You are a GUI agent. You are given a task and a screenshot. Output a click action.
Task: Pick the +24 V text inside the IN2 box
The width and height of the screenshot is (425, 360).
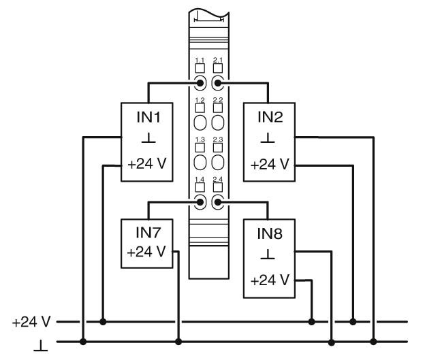pyautogui.click(x=270, y=165)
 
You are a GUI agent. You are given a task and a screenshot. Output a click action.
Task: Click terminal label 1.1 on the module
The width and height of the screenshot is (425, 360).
pyautogui.click(x=200, y=60)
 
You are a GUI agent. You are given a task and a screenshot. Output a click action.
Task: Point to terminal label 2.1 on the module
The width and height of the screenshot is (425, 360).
pyautogui.click(x=218, y=60)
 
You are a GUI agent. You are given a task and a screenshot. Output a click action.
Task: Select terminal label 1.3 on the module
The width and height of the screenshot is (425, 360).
pyautogui.click(x=200, y=139)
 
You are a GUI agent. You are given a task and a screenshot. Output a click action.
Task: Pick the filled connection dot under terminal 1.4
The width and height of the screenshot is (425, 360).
pyautogui.click(x=200, y=202)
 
